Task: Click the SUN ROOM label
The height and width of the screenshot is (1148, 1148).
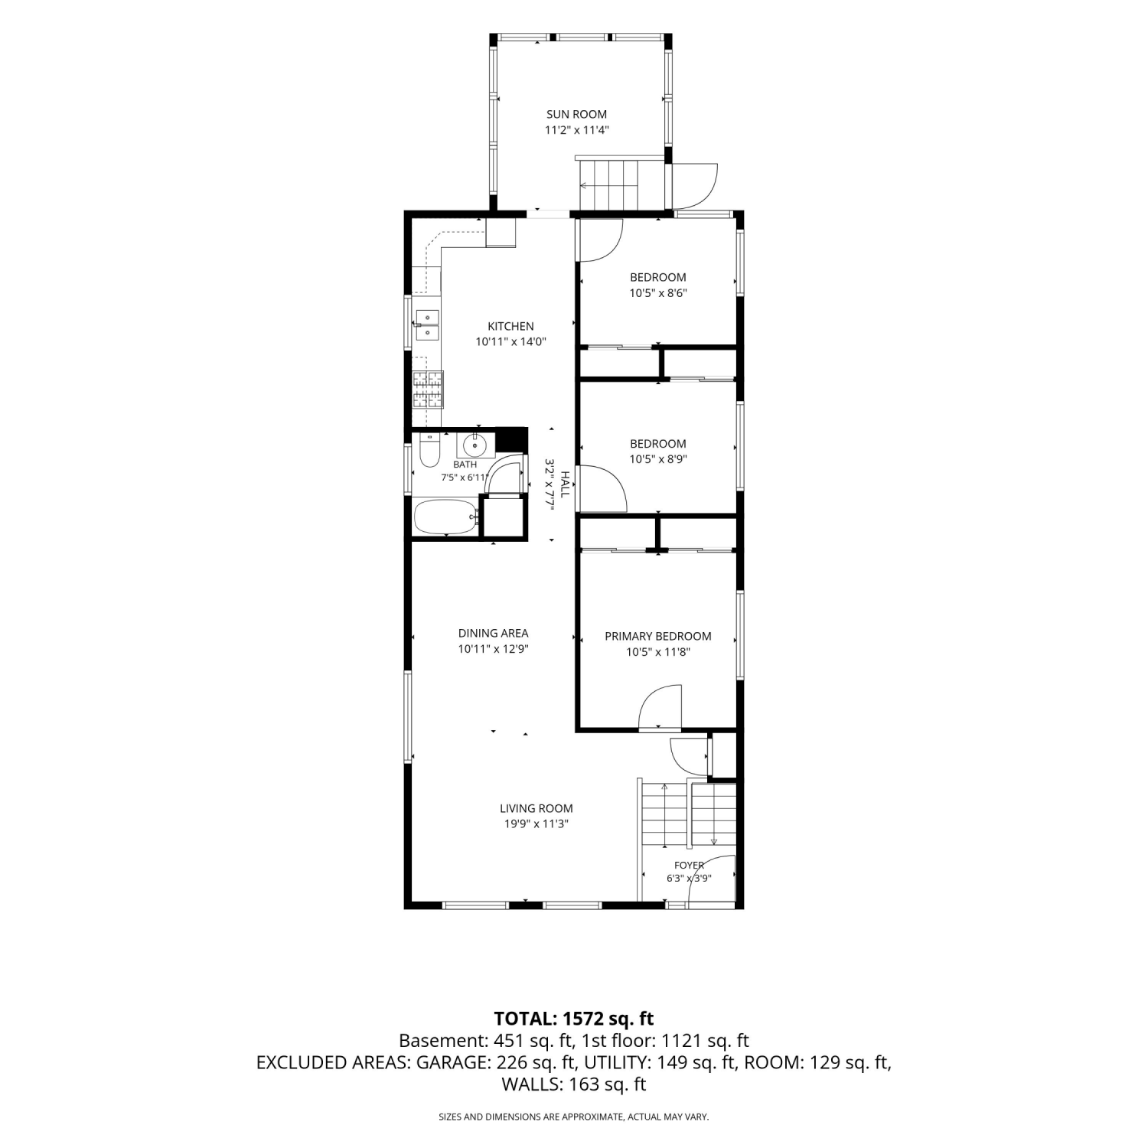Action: (x=576, y=115)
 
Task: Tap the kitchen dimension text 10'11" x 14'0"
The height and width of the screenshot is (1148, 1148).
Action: (x=511, y=342)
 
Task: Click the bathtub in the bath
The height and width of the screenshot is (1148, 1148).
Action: (x=446, y=517)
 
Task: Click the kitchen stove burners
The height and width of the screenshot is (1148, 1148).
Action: (x=427, y=389)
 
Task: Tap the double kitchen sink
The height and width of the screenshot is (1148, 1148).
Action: (x=426, y=325)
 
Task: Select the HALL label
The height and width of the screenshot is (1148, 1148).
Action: (x=566, y=484)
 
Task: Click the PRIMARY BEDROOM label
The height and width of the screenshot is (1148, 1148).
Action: (x=658, y=636)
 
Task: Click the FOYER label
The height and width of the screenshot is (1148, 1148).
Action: (x=689, y=866)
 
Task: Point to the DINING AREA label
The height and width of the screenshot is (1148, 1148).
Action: (x=493, y=633)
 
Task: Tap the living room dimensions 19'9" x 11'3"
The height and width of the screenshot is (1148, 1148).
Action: (x=536, y=824)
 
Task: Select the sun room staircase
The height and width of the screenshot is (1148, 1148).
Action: (x=608, y=184)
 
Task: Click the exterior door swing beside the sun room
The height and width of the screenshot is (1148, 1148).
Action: (x=694, y=185)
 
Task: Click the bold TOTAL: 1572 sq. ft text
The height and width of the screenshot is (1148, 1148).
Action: (x=574, y=1019)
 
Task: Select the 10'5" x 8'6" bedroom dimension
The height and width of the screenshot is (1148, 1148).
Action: (x=658, y=293)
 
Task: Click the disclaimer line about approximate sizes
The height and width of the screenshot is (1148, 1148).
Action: (x=574, y=1117)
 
